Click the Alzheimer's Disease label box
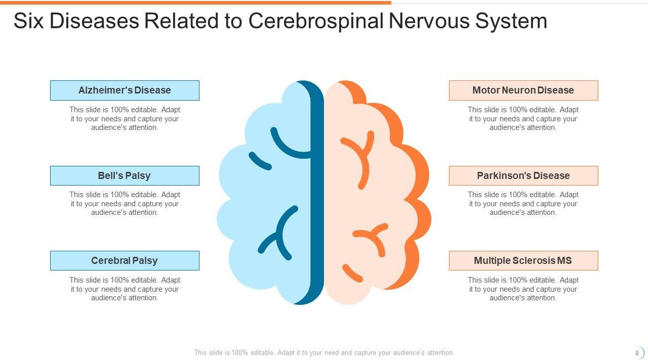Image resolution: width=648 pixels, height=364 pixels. (x=125, y=90)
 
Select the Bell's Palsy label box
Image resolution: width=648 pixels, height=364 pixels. (x=125, y=175)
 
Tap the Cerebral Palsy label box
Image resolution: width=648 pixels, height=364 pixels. (x=125, y=261)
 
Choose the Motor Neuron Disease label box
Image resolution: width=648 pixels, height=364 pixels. (x=523, y=90)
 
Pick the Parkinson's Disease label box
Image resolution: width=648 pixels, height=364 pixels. (x=523, y=175)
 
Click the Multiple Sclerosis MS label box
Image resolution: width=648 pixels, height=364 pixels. (x=523, y=261)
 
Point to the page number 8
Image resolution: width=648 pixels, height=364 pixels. (x=637, y=353)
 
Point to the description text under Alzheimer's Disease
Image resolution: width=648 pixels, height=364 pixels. (x=125, y=119)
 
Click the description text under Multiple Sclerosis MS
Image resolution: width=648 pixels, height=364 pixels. (x=523, y=289)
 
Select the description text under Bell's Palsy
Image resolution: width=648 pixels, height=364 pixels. (x=125, y=204)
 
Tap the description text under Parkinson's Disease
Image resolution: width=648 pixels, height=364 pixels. (x=523, y=204)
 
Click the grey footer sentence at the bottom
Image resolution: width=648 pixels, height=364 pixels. (x=324, y=353)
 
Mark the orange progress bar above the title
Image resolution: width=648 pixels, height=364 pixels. (x=195, y=3)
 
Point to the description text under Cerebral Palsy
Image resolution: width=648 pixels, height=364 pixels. (x=125, y=289)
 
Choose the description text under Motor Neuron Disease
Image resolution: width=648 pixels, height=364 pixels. (x=523, y=119)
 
